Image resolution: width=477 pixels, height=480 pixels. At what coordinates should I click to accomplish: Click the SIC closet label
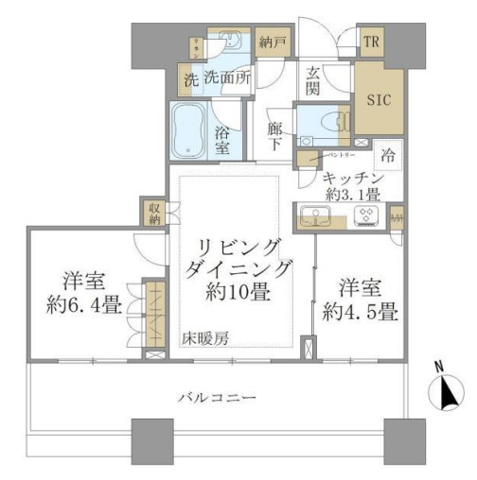coord(379,97)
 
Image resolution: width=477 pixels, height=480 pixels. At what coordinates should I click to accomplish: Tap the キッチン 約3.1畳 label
coord(351,186)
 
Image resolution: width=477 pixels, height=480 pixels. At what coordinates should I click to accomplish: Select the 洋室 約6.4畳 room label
coord(84,293)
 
